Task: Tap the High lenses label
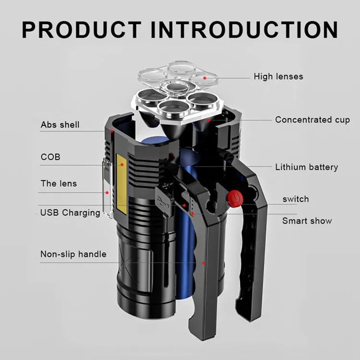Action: [278, 76]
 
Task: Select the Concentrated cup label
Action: [312, 120]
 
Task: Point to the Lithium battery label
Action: [306, 167]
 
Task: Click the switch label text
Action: [295, 199]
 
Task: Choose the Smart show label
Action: [307, 221]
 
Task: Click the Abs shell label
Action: [60, 125]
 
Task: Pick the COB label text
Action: [50, 157]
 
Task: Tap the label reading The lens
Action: [59, 183]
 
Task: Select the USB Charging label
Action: [70, 213]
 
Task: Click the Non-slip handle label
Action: [73, 254]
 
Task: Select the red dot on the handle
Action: [204, 263]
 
